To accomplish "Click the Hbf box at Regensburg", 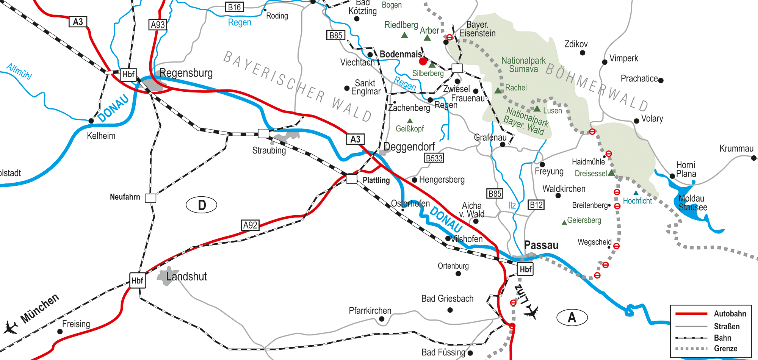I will [x=128, y=74].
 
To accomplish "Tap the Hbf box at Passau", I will [x=525, y=269].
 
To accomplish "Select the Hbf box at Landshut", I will [x=137, y=280].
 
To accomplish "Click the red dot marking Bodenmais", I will [x=423, y=61].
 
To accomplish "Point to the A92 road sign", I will [x=250, y=225].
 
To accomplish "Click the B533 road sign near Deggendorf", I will [x=434, y=158].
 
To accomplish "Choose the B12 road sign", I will [x=536, y=205].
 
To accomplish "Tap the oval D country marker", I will [x=202, y=205].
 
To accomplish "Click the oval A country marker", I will [x=572, y=317].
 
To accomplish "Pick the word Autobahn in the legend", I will [x=730, y=314].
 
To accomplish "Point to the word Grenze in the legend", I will [x=725, y=349].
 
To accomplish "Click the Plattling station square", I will [x=352, y=178].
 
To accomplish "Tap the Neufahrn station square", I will [x=150, y=198].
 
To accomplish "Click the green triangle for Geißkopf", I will [x=410, y=121].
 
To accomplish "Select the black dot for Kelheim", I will [x=91, y=121].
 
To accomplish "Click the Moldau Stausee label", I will [x=692, y=203].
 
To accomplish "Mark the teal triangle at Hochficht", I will [x=636, y=193].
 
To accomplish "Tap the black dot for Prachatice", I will [x=661, y=80].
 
